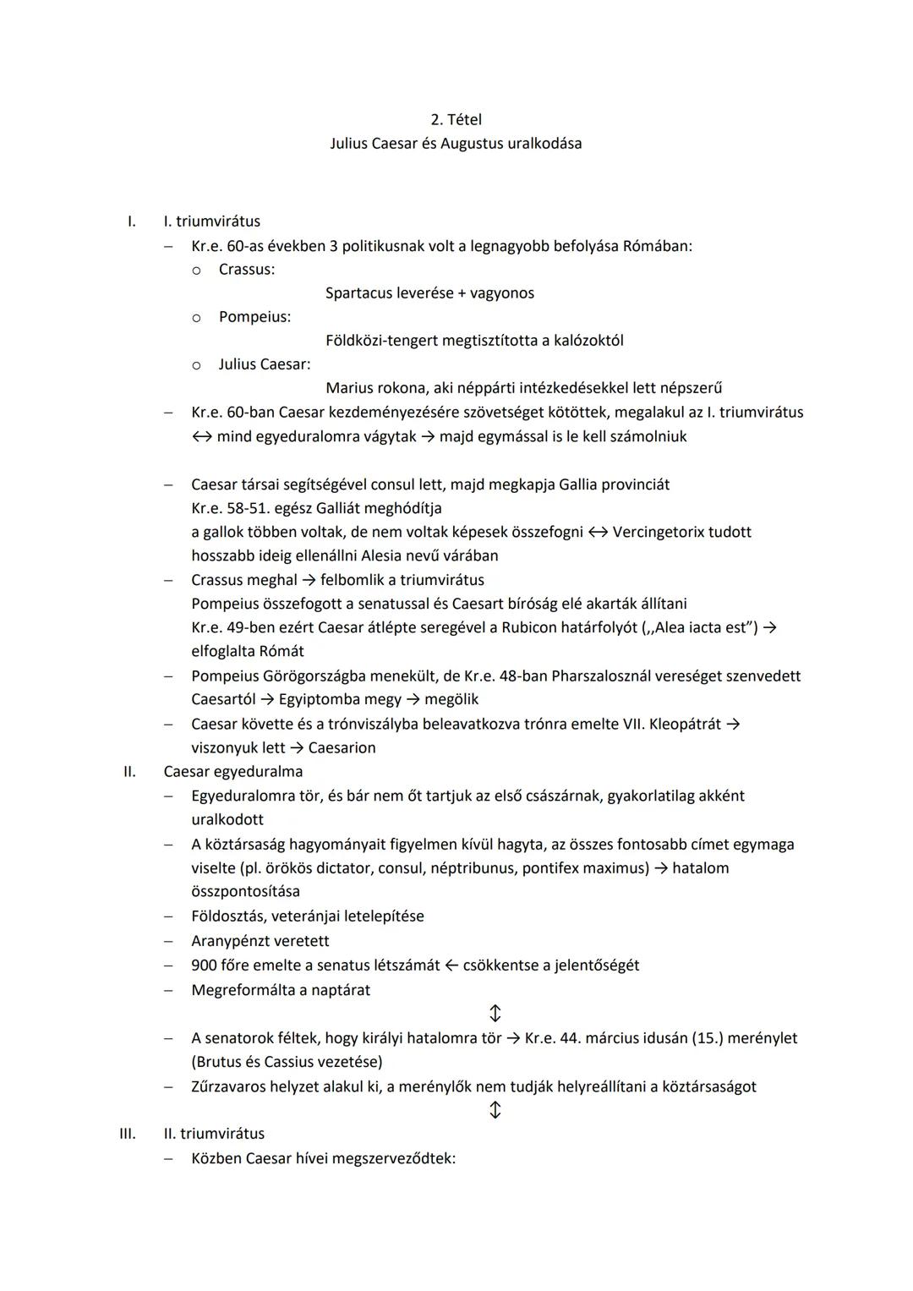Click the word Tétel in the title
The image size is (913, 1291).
pyautogui.click(x=464, y=120)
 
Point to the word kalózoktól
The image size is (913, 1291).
pyautogui.click(x=588, y=341)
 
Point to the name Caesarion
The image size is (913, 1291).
pyautogui.click(x=342, y=747)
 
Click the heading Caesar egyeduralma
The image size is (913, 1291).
pyautogui.click(x=233, y=771)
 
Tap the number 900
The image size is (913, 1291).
pyautogui.click(x=203, y=965)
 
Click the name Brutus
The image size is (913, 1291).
pyautogui.click(x=221, y=1062)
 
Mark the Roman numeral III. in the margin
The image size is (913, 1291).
pyautogui.click(x=127, y=1134)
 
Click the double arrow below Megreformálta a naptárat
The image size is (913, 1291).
pyautogui.click(x=495, y=1013)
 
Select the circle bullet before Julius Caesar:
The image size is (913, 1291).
pyautogui.click(x=196, y=365)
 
